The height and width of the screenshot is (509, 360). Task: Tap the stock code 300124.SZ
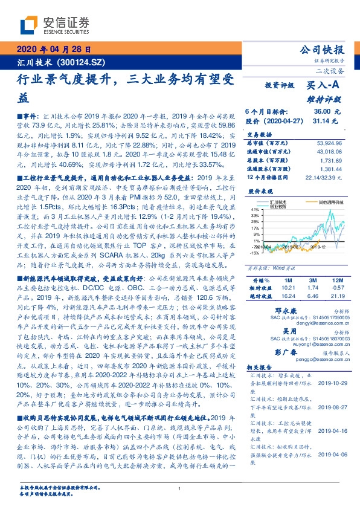coord(82,62)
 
